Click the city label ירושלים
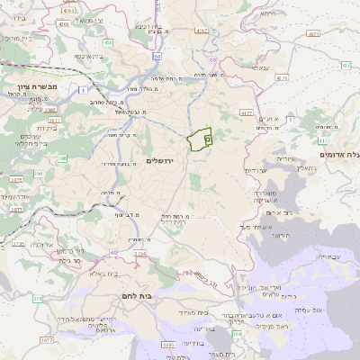161,159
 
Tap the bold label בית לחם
130,295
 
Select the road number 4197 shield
201,31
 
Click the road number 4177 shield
247,113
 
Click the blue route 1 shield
84,90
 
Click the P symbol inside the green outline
207,139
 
